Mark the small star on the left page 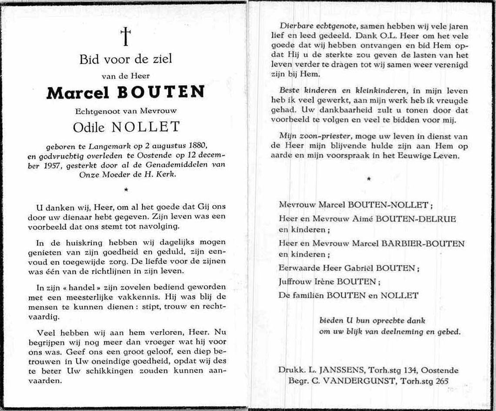126,189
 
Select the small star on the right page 370,179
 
